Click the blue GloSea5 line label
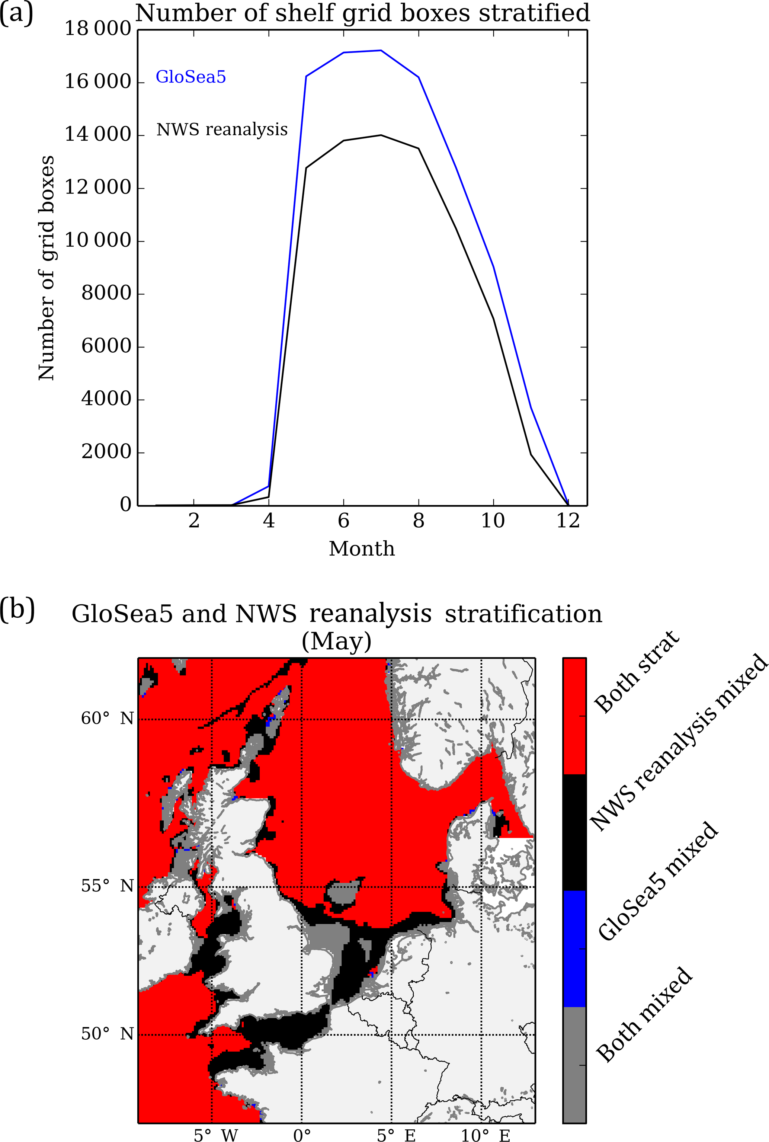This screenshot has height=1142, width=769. (x=191, y=77)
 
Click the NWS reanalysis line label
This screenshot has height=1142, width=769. (x=222, y=129)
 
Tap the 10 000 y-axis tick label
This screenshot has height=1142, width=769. (x=98, y=240)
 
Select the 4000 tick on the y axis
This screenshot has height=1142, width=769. (x=106, y=399)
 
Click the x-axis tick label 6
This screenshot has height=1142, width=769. (x=343, y=521)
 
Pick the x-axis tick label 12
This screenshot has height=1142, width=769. (x=568, y=521)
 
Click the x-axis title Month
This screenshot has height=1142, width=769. (x=362, y=548)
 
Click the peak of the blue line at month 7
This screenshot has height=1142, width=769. (x=381, y=51)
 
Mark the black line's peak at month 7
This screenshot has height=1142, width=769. (x=381, y=135)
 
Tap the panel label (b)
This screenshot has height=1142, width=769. (x=17, y=610)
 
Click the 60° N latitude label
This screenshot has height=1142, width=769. (x=107, y=719)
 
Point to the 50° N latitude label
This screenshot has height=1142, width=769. (x=107, y=1034)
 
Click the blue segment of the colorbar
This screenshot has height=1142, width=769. (x=574, y=948)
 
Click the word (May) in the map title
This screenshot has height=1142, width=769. (x=336, y=641)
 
